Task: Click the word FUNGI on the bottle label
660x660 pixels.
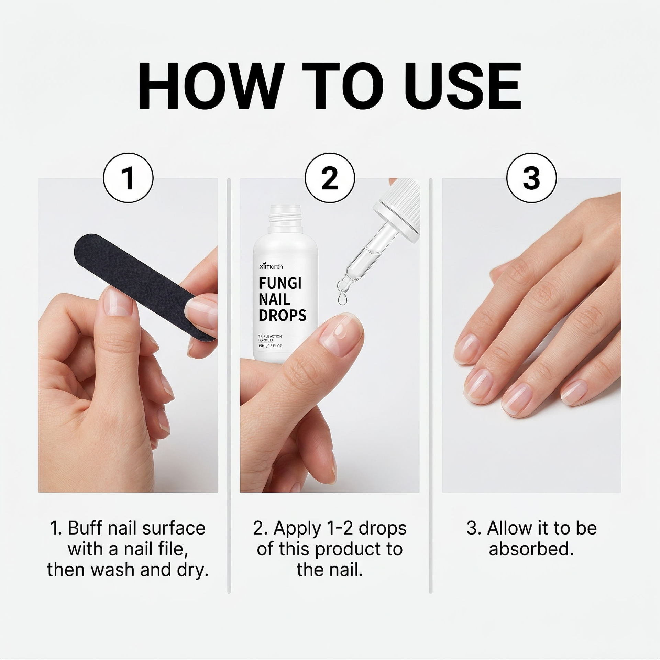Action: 280,284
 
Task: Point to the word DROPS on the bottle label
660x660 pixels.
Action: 282,315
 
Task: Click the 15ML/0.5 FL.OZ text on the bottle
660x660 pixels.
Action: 270,346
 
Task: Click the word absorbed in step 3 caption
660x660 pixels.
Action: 531,549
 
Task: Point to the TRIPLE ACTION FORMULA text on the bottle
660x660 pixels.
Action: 270,338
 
